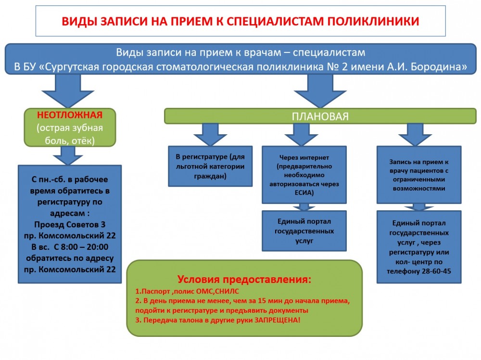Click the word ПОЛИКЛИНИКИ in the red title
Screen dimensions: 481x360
click(373, 21)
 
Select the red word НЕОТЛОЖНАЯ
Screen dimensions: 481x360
click(70, 115)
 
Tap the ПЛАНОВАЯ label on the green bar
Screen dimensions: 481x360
click(320, 116)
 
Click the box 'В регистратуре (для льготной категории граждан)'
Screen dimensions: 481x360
click(210, 167)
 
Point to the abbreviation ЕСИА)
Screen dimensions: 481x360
click(304, 193)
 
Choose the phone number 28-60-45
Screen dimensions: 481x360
click(434, 271)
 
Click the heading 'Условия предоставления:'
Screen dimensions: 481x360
click(244, 279)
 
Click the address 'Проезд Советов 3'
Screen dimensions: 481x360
click(70, 224)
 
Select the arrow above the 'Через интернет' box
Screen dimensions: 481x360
click(301, 134)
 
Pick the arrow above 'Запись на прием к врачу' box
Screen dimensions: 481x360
click(415, 134)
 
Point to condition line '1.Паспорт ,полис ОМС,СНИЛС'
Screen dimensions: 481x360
click(187, 291)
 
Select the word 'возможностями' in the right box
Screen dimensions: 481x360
click(419, 188)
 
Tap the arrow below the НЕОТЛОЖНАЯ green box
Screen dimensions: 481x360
click(68, 155)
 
